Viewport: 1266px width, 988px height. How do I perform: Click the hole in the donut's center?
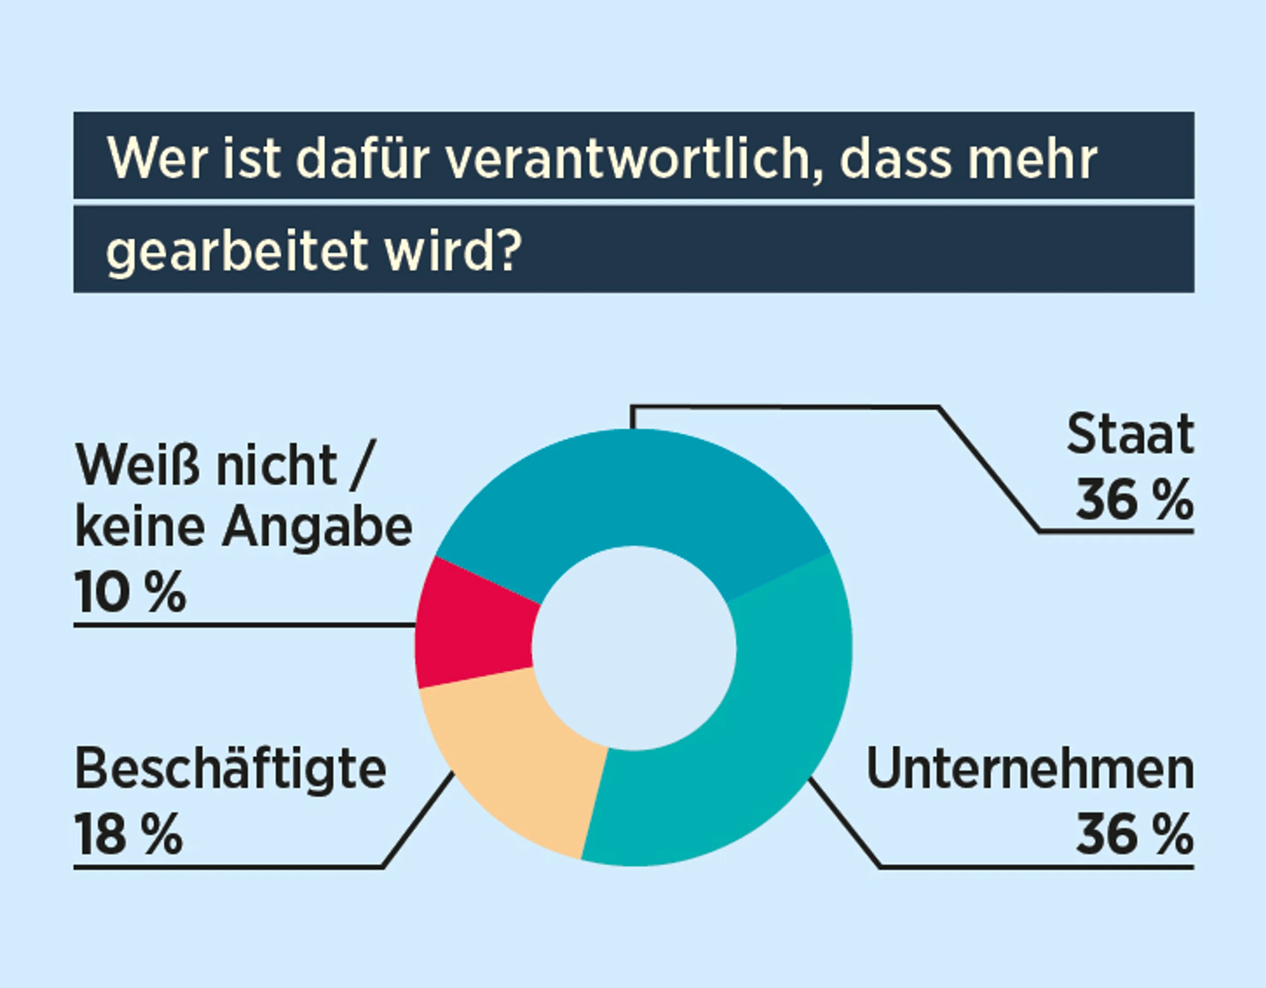coord(633,648)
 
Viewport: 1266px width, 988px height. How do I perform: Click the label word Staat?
coord(1130,434)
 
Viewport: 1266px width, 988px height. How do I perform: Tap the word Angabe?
coord(317,528)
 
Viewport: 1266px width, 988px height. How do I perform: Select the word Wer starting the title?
coord(156,159)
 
